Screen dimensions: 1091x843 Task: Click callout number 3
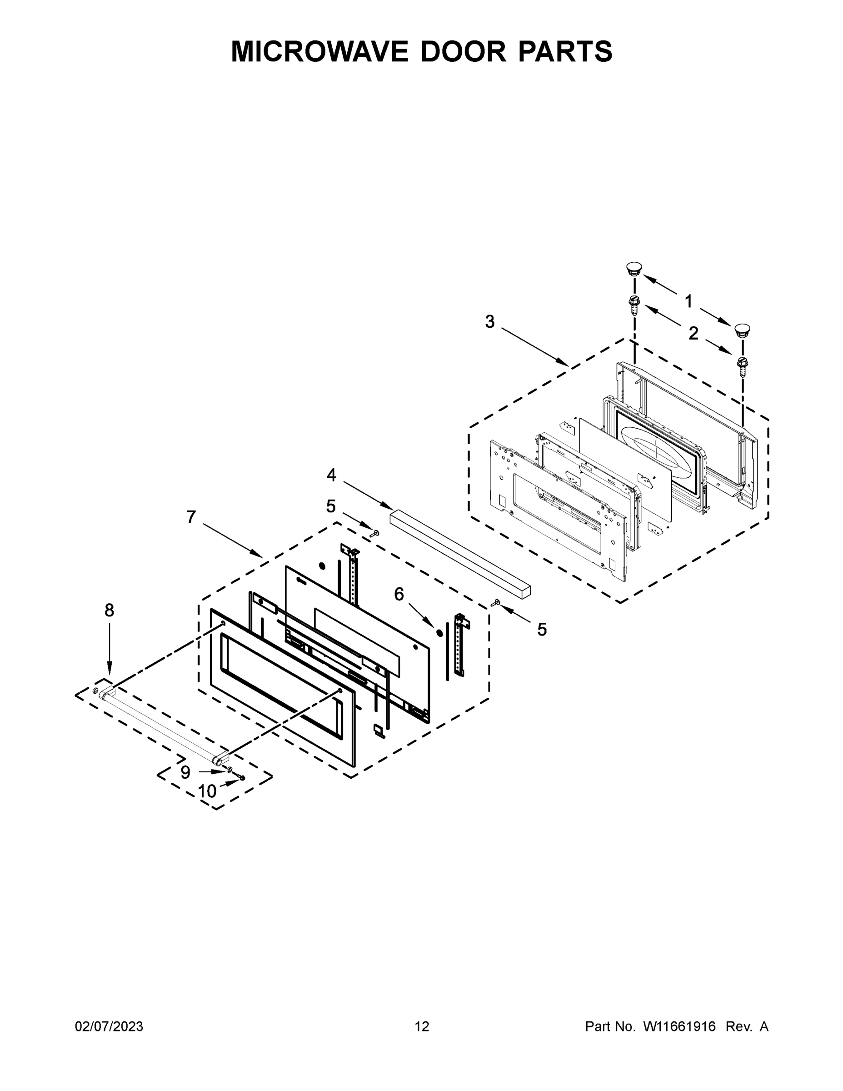tap(489, 322)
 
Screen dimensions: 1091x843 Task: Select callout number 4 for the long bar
tap(331, 475)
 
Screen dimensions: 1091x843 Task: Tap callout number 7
tap(191, 517)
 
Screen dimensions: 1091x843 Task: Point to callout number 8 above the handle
tap(110, 611)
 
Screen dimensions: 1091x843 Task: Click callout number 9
tap(185, 773)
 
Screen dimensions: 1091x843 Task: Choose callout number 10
tap(207, 792)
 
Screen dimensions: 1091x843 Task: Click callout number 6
tap(399, 594)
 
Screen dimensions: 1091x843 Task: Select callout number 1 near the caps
tap(688, 301)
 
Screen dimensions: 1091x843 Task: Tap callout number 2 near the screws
tap(693, 333)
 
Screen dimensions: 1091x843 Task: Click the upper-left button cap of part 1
tap(634, 268)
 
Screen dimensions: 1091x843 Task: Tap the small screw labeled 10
tap(242, 778)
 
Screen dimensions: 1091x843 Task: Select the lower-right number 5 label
tap(542, 630)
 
